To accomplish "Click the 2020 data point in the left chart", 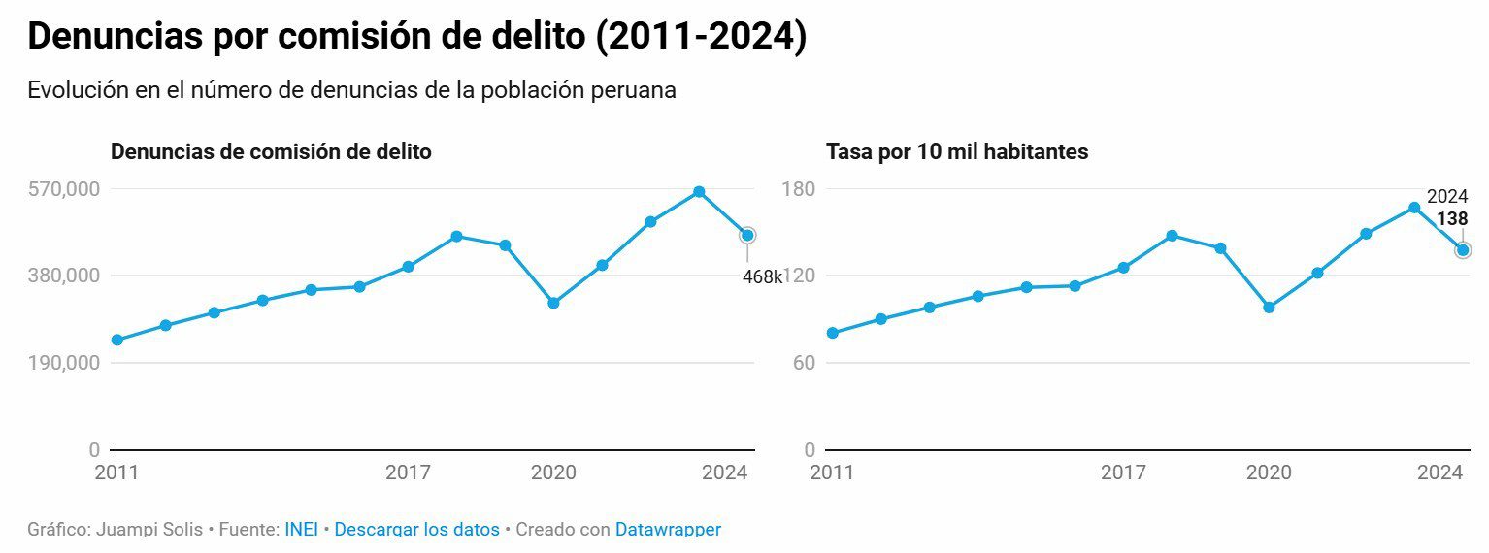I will point(553,303).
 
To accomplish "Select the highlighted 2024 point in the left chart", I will point(747,235).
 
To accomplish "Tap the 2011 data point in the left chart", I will point(117,340).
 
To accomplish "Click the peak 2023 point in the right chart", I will point(1414,208).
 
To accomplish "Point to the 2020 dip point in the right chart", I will point(1269,308).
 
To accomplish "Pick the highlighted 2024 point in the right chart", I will point(1463,250).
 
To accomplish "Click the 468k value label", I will point(762,277).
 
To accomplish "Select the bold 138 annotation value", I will point(1452,219).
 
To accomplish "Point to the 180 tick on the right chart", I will point(798,188).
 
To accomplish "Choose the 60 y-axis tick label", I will point(803,363).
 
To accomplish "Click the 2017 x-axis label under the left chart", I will point(408,472).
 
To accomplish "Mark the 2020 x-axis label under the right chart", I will point(1269,472).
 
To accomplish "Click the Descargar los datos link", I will point(416,530).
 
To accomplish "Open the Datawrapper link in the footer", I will point(668,530).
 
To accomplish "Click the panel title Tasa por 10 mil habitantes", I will point(957,152).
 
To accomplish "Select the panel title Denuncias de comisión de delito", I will point(271,152).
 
